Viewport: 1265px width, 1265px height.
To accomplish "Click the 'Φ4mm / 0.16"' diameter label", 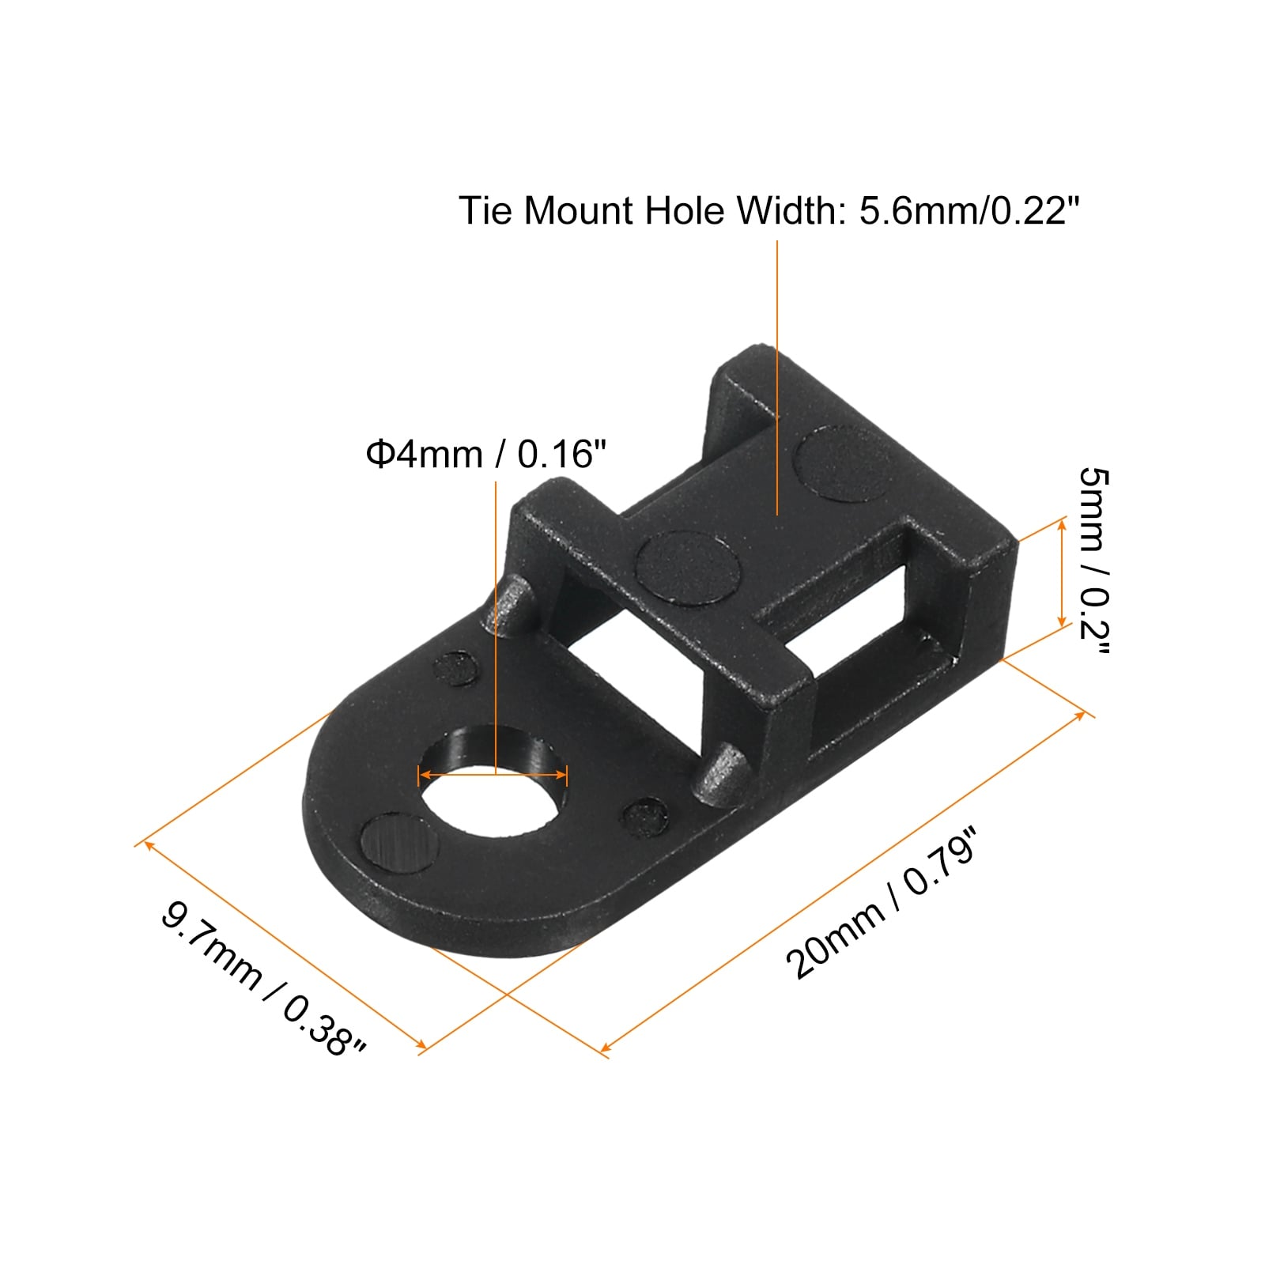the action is [x=485, y=455].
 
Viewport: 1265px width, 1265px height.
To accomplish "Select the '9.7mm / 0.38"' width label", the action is [x=263, y=978].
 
